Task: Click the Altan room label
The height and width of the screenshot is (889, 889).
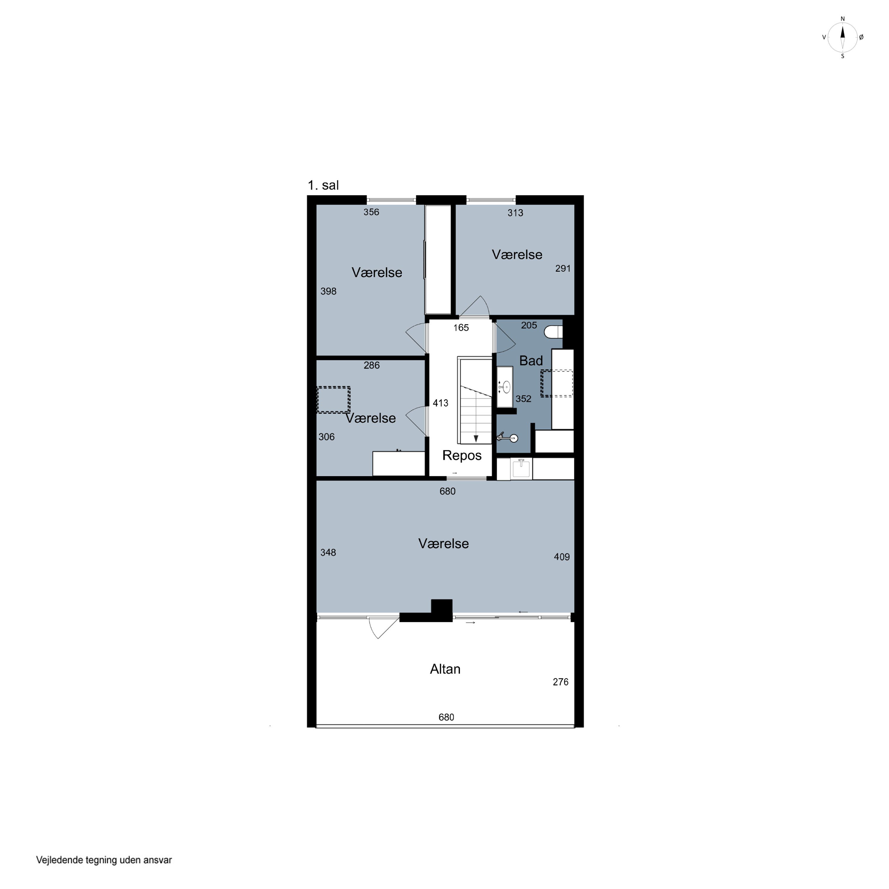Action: [445, 669]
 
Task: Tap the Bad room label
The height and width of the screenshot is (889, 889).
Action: [531, 361]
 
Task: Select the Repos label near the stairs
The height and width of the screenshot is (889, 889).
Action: [462, 455]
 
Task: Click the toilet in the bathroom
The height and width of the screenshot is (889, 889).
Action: [553, 331]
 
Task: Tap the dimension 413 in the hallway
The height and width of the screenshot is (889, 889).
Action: [440, 403]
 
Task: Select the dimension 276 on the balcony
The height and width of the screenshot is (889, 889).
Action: [560, 682]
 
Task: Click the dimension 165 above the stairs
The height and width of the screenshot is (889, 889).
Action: [461, 328]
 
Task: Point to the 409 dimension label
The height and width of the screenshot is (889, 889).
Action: [562, 557]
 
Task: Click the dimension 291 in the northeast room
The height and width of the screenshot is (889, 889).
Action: [563, 268]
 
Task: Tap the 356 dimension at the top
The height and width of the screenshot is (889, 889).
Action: [371, 212]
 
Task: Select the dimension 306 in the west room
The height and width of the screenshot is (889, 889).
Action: [326, 437]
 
